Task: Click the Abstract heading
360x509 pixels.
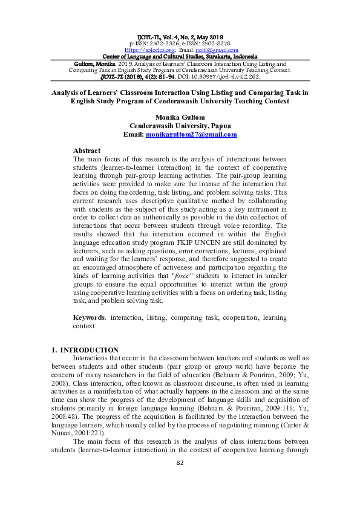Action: click(x=87, y=151)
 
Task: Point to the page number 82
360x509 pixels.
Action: click(x=180, y=497)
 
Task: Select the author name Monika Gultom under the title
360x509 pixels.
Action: click(x=180, y=117)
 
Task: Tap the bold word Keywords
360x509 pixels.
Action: click(x=88, y=317)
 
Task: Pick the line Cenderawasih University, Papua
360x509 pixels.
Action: click(x=180, y=126)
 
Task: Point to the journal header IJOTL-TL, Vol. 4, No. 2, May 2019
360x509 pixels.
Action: click(x=180, y=37)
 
